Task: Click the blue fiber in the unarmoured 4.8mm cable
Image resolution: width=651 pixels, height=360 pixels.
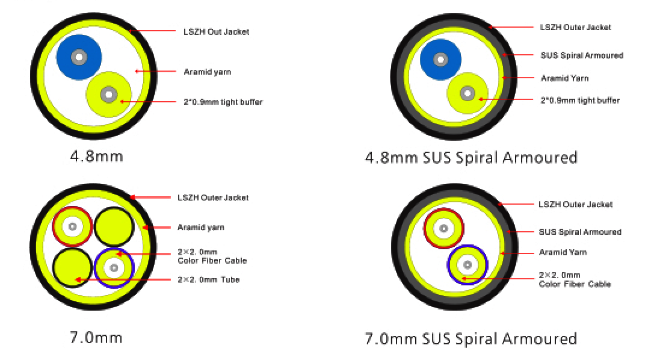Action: [79, 57]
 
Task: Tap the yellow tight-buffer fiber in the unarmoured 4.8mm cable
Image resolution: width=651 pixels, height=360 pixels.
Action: [109, 95]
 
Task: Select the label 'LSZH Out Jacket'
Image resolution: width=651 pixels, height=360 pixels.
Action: [217, 31]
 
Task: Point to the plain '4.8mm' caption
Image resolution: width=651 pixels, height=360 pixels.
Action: [96, 157]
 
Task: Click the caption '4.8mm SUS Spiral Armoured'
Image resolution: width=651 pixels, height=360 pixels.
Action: [471, 158]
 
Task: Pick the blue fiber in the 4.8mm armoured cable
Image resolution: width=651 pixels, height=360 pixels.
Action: [440, 60]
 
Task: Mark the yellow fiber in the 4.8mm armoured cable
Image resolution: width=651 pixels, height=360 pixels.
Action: [467, 93]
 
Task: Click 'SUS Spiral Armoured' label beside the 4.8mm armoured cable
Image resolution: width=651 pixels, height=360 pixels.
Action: [582, 55]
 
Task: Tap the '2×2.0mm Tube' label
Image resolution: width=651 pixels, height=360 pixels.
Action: [208, 279]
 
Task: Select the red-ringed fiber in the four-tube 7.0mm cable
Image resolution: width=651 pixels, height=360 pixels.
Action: [72, 227]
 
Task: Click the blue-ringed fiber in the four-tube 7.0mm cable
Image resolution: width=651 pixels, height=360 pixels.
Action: [114, 268]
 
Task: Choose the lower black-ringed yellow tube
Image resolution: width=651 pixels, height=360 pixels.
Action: [72, 268]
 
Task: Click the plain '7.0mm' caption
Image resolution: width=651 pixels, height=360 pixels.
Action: [96, 338]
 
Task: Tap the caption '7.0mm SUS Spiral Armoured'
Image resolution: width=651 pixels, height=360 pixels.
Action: [471, 339]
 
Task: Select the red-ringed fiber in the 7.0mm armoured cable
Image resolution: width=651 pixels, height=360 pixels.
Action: [443, 228]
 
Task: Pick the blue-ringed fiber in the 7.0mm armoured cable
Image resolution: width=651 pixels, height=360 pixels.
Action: [467, 264]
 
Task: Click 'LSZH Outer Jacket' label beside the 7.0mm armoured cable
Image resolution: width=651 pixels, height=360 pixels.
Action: [575, 204]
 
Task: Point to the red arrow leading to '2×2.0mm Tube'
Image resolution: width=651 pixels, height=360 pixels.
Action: [123, 280]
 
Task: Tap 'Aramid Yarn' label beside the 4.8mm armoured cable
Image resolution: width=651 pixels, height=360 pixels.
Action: [564, 78]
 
